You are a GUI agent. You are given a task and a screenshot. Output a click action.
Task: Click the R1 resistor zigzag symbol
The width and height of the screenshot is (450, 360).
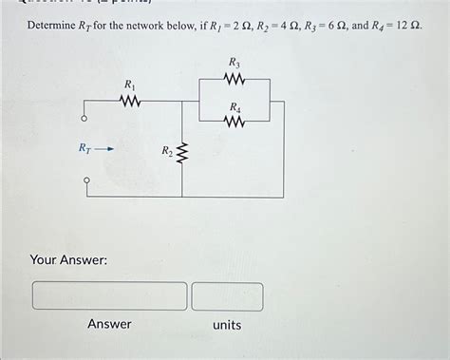tap(130, 100)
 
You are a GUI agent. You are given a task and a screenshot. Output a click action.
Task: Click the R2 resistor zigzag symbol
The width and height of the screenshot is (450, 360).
tap(184, 152)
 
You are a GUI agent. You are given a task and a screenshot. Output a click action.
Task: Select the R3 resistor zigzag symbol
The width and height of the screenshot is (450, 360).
tap(234, 79)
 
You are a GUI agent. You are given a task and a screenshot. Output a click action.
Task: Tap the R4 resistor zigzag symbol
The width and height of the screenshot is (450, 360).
tap(234, 122)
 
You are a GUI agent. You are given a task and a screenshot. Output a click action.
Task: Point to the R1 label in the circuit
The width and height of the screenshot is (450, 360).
tap(129, 85)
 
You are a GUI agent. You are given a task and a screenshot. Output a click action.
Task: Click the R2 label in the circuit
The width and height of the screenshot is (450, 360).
tap(166, 150)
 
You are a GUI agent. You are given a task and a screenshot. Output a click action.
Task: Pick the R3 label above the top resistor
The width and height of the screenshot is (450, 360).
tap(234, 63)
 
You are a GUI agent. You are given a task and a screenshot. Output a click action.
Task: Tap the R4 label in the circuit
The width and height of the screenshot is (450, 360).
tap(234, 106)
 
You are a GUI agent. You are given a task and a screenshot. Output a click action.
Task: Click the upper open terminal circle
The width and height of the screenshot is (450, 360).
tap(84, 120)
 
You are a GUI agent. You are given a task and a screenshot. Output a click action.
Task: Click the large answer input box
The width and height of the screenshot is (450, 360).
tap(110, 295)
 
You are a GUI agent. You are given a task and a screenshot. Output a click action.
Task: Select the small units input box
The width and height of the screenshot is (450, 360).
tap(227, 295)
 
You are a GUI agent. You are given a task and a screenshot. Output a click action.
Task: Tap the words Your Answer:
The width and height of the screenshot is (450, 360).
tap(68, 258)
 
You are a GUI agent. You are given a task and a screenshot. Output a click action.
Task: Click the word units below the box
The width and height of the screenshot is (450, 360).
tap(227, 325)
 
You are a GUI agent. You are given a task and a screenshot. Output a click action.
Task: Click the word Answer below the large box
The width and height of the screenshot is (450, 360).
tap(109, 325)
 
